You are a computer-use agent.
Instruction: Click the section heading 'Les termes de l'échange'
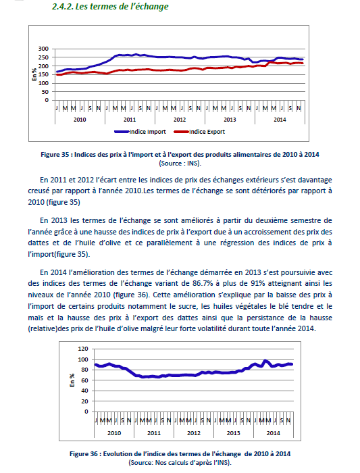tap(122, 6)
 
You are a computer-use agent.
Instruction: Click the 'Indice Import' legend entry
tap(140, 132)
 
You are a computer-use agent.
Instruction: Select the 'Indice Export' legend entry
tap(200, 132)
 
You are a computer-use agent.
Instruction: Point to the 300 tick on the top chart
tap(43, 49)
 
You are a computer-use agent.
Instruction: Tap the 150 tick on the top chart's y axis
tap(43, 74)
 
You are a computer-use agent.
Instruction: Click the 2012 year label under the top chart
tap(180, 120)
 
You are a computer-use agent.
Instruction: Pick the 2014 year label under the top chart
tap(280, 120)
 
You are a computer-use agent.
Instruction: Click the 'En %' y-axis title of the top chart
tap(34, 74)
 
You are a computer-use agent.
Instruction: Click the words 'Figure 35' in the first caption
tap(55, 155)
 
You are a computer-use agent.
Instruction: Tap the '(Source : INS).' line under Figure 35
tap(180, 164)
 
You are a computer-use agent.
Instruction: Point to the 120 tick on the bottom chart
tap(83, 349)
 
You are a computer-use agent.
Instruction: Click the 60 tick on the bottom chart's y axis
tap(85, 380)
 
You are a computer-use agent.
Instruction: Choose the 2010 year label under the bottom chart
tap(114, 433)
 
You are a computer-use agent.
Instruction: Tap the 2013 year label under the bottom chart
tap(234, 433)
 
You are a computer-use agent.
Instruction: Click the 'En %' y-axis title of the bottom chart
tap(72, 380)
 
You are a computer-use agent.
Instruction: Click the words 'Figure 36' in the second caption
tap(84, 454)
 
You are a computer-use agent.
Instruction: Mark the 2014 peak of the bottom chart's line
tap(265, 360)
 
